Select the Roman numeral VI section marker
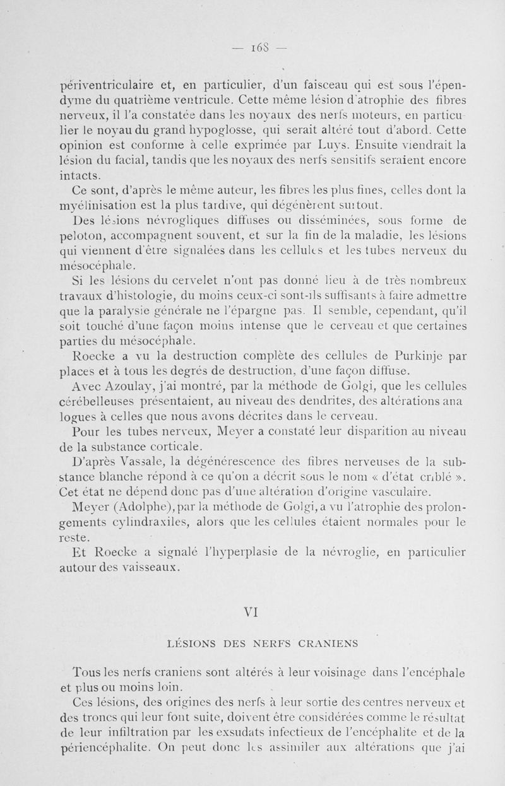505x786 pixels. (252, 611)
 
